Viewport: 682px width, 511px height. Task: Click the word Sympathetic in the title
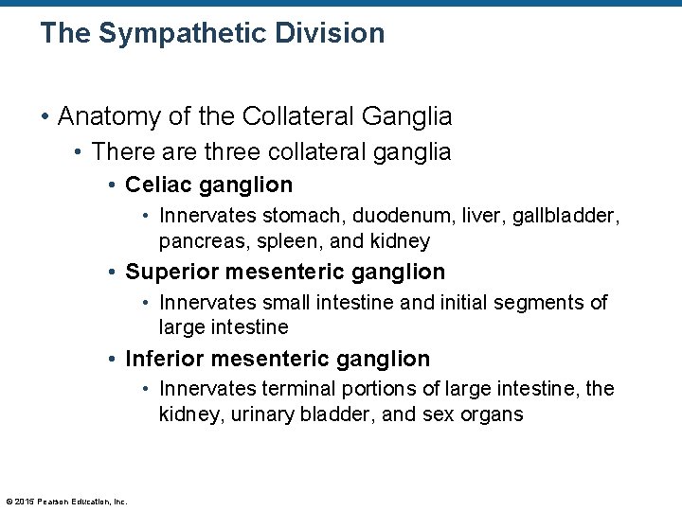coord(170,34)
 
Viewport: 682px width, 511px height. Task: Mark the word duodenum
coord(404,216)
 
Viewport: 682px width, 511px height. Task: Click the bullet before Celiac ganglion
coord(112,185)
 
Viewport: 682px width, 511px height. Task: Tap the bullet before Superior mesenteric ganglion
coord(112,273)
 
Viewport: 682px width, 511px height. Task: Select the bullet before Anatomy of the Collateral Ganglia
coord(45,117)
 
